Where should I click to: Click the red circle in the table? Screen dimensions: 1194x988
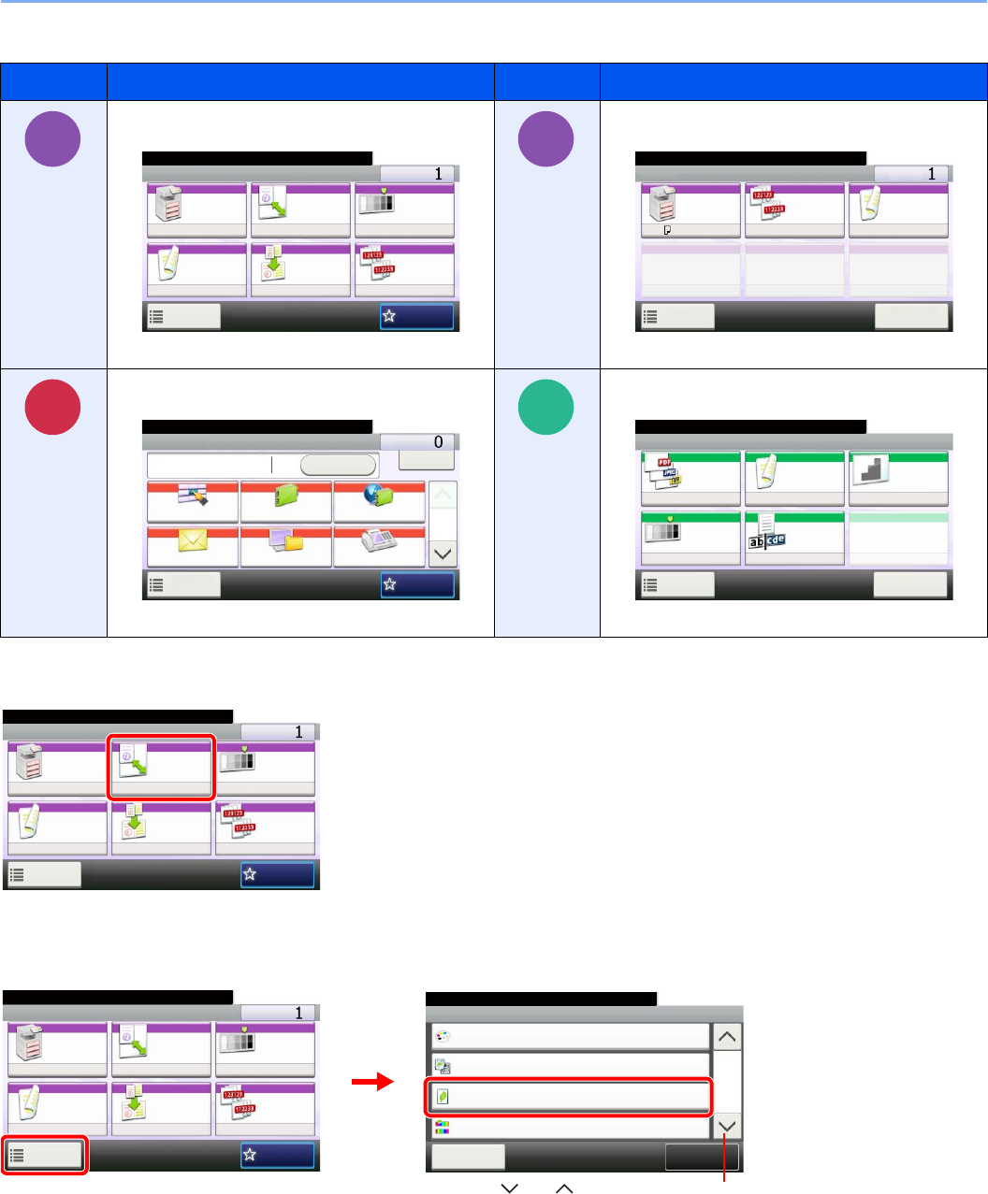(52, 407)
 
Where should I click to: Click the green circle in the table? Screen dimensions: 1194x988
(545, 407)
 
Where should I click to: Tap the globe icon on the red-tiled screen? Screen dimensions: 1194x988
(379, 495)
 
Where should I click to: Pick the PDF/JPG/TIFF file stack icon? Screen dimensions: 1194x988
(662, 470)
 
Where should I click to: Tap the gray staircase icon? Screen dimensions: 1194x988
(871, 469)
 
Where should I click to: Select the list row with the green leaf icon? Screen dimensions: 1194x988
(569, 1096)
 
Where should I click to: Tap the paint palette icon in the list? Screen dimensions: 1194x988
(443, 1036)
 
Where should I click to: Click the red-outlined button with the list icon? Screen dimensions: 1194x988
(45, 1156)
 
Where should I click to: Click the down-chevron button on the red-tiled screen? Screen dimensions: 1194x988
(443, 554)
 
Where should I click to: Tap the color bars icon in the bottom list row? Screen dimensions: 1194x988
(443, 1126)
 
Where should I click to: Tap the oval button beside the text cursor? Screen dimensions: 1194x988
(338, 466)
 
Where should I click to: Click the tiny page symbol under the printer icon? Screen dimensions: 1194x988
(666, 229)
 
